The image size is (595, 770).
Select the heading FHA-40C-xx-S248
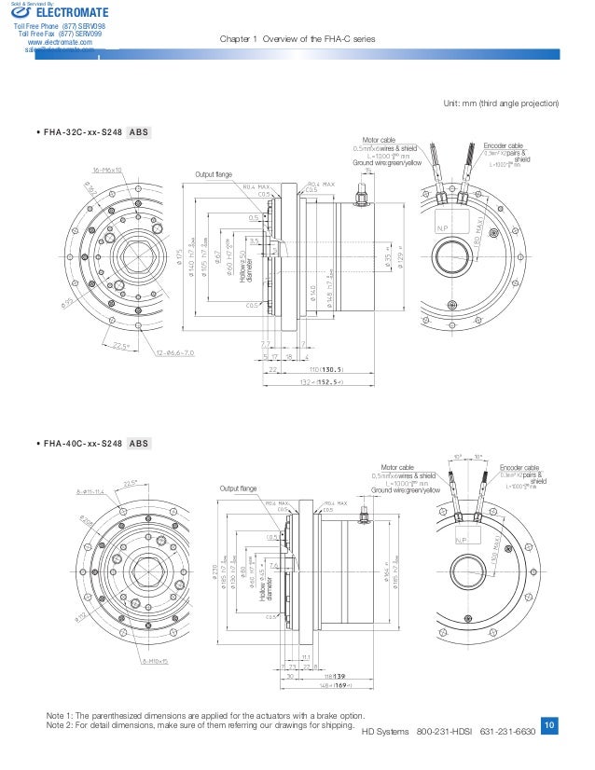coord(83,444)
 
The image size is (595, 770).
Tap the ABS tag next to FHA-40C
coord(139,444)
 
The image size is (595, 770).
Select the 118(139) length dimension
coord(335,673)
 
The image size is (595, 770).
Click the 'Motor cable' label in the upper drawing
coord(380,141)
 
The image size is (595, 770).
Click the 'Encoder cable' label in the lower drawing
coord(519,468)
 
